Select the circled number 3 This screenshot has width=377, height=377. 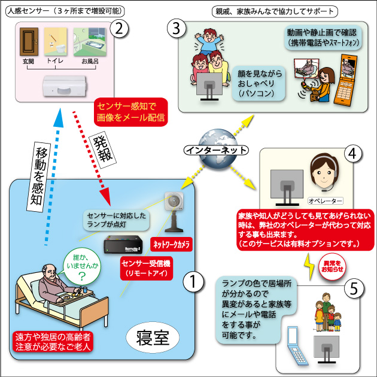[x=174, y=28]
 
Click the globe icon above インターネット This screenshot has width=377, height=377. [x=212, y=136]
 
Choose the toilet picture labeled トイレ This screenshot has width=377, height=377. [x=59, y=42]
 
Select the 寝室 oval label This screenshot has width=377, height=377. [x=148, y=338]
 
